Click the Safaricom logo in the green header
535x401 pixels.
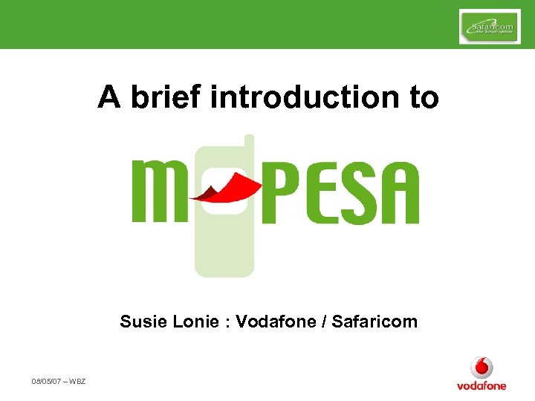[490, 27]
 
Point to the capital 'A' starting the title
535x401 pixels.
[108, 97]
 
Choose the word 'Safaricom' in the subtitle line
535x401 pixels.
[374, 322]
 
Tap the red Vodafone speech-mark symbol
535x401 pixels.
[481, 368]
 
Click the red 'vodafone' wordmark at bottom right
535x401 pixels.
[481, 385]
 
